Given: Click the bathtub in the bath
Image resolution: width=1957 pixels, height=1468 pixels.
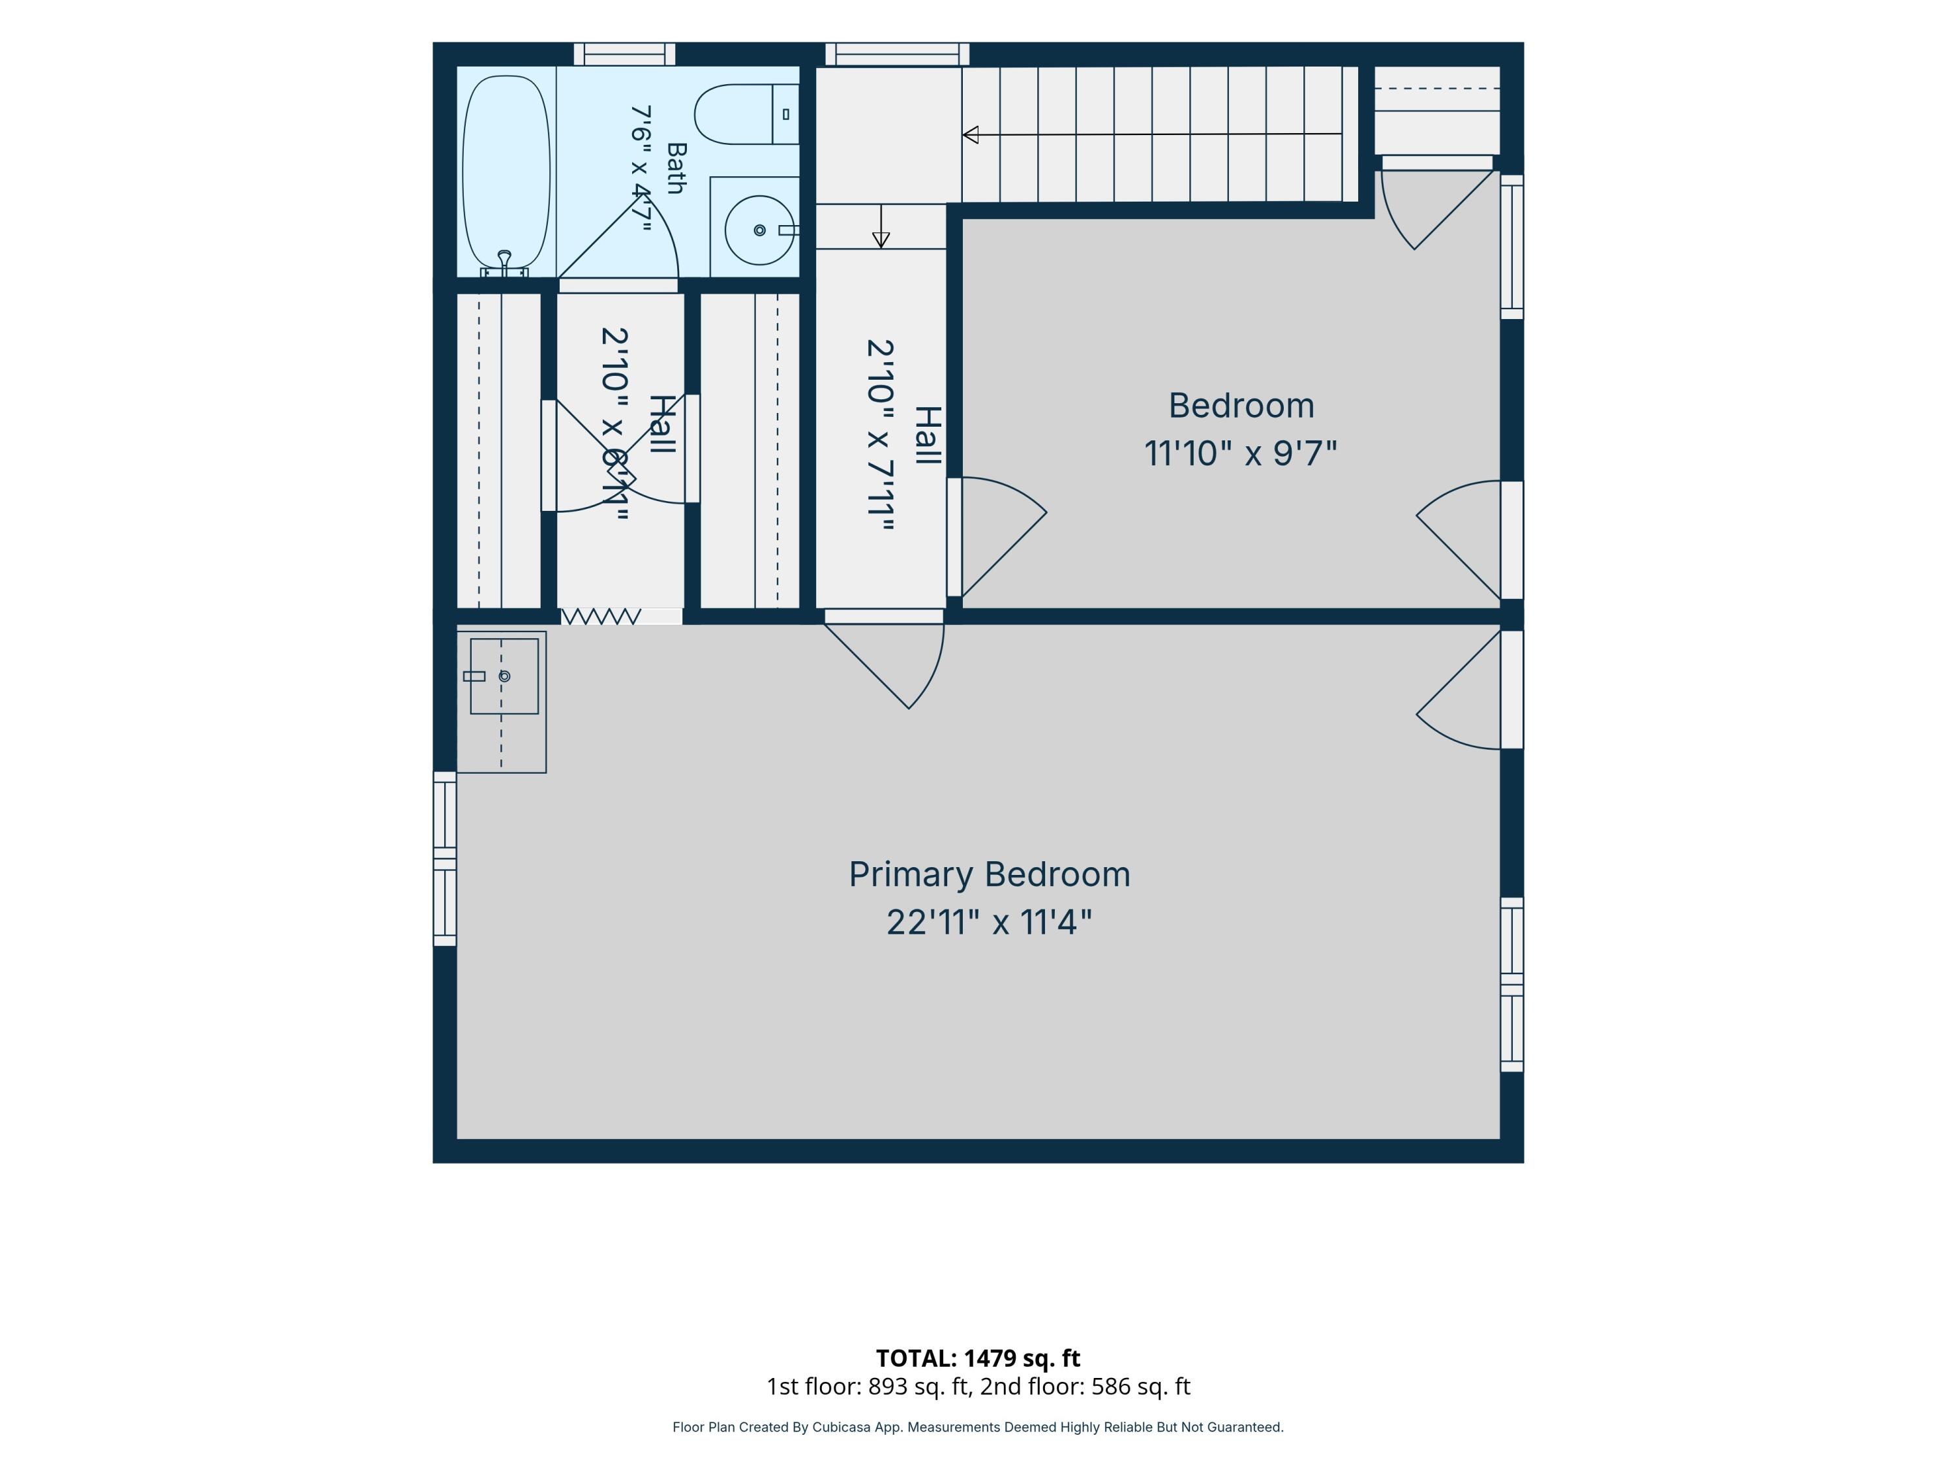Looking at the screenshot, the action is [x=506, y=172].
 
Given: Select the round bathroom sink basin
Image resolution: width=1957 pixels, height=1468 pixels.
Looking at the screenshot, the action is [x=759, y=230].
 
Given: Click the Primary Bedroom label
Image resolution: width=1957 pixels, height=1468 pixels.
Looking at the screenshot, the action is [x=989, y=874].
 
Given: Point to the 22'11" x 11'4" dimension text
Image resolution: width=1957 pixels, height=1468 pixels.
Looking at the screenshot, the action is [x=989, y=922].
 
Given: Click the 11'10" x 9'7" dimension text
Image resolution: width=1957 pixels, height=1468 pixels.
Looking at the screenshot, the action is [x=1240, y=453].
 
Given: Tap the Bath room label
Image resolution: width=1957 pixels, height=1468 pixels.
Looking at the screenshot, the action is [x=676, y=168].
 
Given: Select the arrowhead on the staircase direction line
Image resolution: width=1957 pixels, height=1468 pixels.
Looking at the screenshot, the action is [x=971, y=134].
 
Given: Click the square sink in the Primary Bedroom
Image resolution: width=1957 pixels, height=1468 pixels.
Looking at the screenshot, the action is [x=504, y=676].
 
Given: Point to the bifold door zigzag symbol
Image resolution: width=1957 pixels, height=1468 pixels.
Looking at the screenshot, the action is [x=601, y=616].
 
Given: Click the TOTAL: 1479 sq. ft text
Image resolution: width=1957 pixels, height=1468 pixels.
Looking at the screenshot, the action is [x=978, y=1358].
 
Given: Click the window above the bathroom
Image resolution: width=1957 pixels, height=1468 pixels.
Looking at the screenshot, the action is [x=625, y=54].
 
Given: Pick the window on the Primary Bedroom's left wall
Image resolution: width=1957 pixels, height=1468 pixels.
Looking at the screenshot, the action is [x=445, y=859].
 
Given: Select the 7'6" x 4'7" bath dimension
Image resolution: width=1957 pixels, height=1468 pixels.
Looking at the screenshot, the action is [x=641, y=168].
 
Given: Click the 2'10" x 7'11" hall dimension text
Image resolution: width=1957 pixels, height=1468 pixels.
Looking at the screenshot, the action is [x=880, y=435].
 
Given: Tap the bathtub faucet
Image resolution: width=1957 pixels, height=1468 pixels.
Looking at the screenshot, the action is [x=504, y=260].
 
